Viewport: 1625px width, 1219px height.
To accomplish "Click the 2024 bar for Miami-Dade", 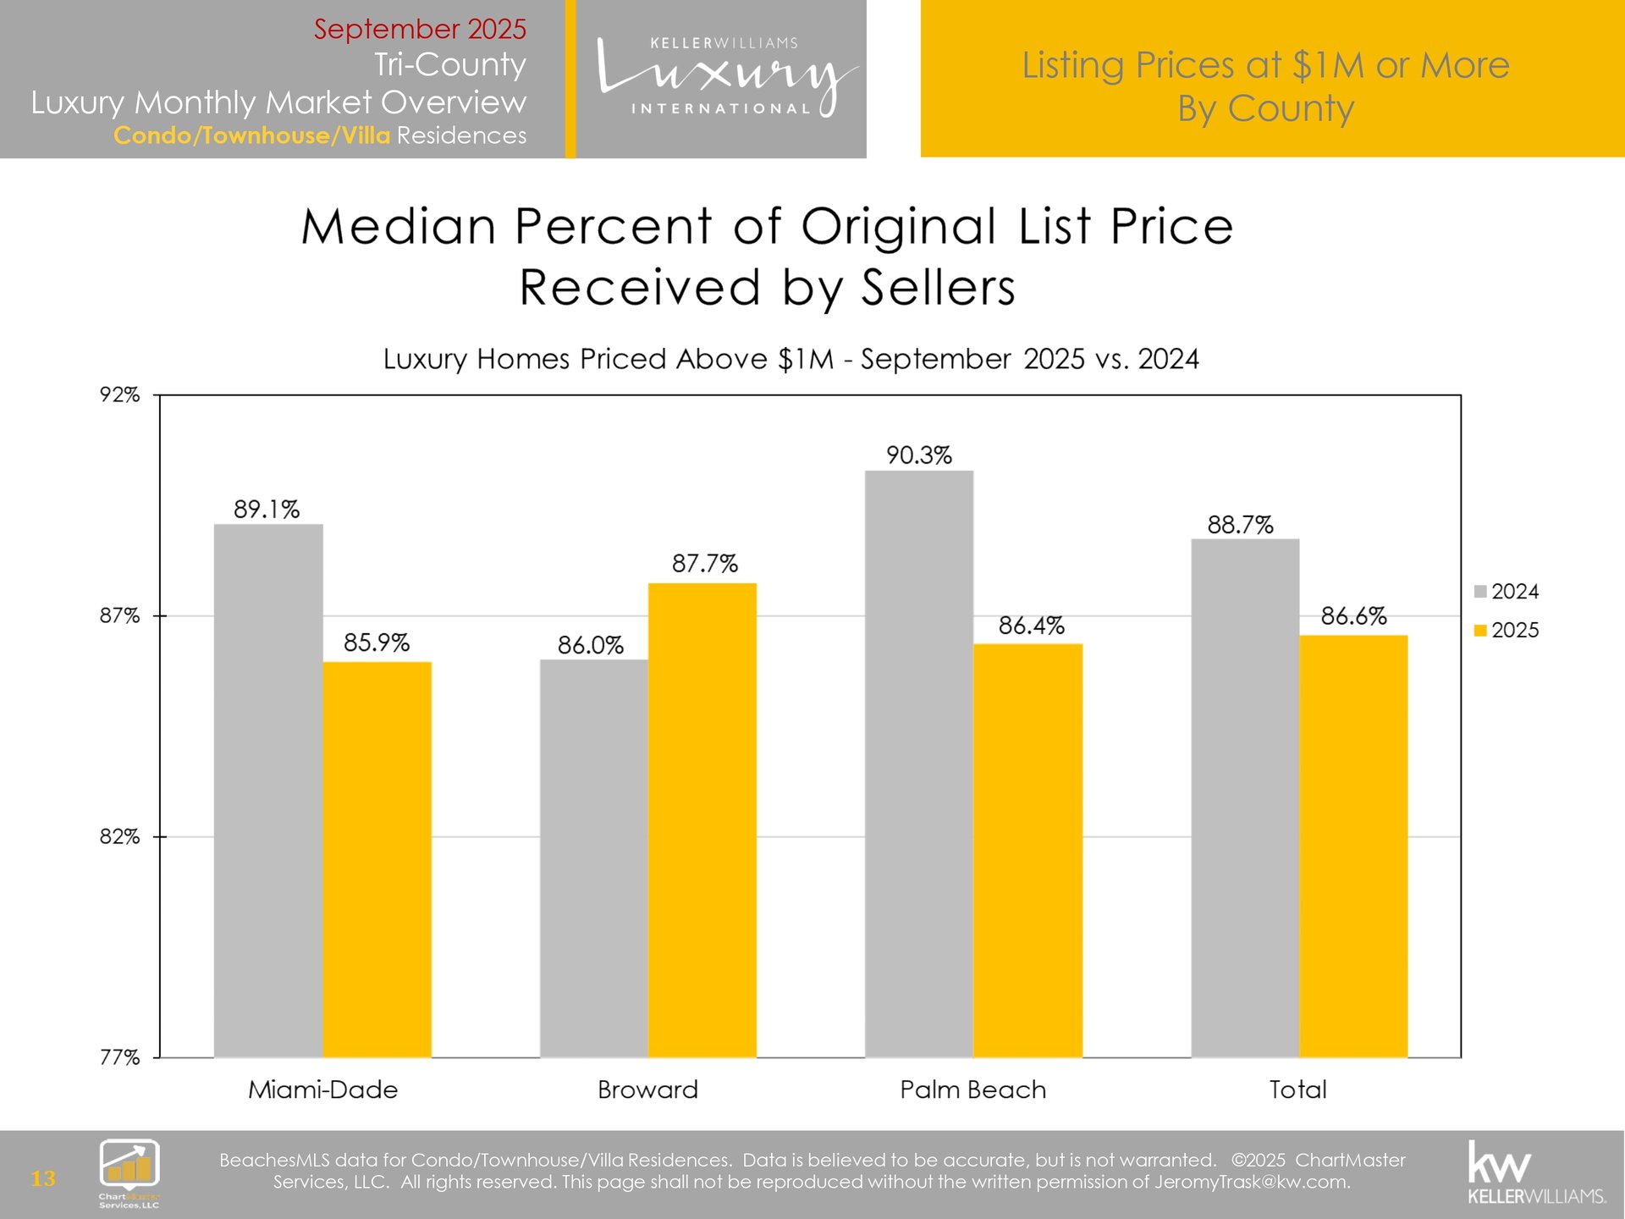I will (x=268, y=791).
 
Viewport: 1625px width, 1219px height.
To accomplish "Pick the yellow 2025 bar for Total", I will (x=1353, y=846).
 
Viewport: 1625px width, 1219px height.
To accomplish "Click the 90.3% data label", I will (x=918, y=455).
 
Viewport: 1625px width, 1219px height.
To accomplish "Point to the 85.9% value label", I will (x=376, y=643).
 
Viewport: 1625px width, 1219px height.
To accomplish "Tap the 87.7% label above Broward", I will (x=704, y=563).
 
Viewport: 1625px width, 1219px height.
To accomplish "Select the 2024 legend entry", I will (x=1507, y=592).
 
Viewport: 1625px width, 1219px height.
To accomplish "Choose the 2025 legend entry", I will (x=1507, y=630).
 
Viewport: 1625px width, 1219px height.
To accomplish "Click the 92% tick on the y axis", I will (x=119, y=395).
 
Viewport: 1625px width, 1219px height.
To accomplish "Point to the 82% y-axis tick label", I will (x=119, y=836).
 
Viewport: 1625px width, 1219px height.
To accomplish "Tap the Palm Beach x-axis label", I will (x=972, y=1089).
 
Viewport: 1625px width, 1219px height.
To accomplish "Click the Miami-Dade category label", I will (x=322, y=1089).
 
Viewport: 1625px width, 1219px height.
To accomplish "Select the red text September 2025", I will (x=420, y=29).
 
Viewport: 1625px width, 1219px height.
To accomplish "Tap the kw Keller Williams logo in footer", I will (x=1535, y=1174).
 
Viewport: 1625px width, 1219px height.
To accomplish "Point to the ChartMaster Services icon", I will (x=129, y=1172).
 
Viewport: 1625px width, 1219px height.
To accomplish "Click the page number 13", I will (x=43, y=1178).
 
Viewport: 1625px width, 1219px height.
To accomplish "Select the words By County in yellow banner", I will (x=1265, y=108).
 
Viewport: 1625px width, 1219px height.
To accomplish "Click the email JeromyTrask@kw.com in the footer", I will (x=1252, y=1182).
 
